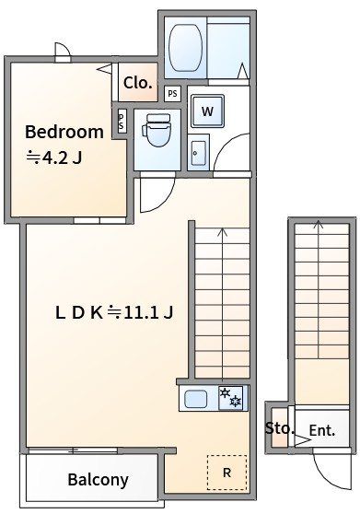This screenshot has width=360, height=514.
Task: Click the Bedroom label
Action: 64,132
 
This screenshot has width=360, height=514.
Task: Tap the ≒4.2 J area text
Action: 54,158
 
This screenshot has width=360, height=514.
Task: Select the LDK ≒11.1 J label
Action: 114,312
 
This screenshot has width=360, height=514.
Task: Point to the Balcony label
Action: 98,480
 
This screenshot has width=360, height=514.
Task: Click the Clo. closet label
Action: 138,83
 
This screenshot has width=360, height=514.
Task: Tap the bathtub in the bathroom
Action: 185,48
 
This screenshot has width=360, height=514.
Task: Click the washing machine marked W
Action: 208,111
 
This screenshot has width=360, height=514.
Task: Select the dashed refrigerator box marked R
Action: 226,473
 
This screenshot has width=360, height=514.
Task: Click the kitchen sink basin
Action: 196,399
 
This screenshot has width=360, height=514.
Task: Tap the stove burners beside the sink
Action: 231,398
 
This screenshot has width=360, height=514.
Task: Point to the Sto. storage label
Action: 279,428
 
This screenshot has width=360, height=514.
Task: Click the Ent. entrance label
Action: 322,430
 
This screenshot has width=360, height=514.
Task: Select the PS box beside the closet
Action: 172,94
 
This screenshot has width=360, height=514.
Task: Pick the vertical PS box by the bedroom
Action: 122,121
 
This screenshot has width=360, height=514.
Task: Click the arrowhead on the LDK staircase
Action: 223,231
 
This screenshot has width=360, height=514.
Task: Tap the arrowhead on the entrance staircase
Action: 318,224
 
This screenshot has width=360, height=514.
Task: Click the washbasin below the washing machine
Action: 199,154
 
